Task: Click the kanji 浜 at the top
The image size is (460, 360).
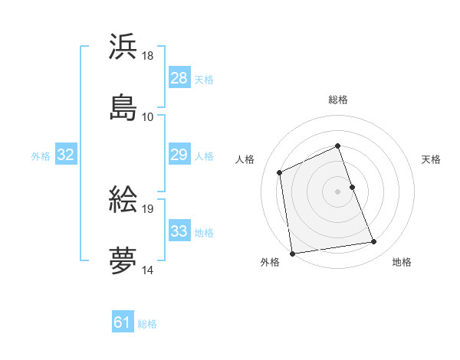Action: pyautogui.click(x=123, y=47)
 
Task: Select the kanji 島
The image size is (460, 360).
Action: pyautogui.click(x=123, y=106)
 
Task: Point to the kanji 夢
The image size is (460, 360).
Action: pyautogui.click(x=123, y=260)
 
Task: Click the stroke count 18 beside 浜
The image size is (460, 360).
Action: pyautogui.click(x=148, y=56)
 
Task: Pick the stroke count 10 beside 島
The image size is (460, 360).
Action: pyautogui.click(x=148, y=116)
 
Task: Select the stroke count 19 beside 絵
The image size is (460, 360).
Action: pyautogui.click(x=148, y=208)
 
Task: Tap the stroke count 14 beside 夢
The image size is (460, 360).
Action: pyautogui.click(x=148, y=270)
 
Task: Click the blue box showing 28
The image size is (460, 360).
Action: pyautogui.click(x=179, y=78)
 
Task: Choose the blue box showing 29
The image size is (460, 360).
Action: pyautogui.click(x=179, y=155)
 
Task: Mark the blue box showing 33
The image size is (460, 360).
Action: pyautogui.click(x=179, y=231)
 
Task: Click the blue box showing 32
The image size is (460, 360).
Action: pyautogui.click(x=66, y=155)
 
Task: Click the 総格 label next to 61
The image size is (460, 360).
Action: pyautogui.click(x=147, y=324)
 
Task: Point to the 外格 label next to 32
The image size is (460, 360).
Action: pyautogui.click(x=41, y=156)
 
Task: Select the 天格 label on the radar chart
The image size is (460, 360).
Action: pyautogui.click(x=432, y=159)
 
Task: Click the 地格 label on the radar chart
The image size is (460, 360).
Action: pyautogui.click(x=402, y=262)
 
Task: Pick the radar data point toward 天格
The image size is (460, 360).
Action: pyautogui.click(x=353, y=187)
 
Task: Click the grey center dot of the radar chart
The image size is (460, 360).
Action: pyautogui.click(x=337, y=191)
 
